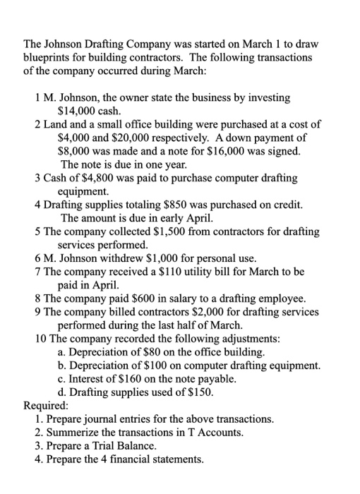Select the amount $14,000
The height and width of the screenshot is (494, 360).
[x=79, y=111]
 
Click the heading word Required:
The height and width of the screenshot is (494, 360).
[x=47, y=406]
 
